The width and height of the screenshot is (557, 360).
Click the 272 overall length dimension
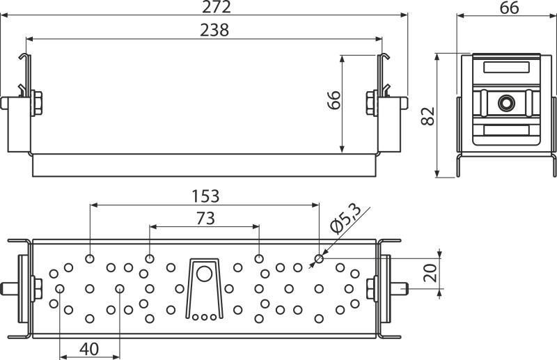coord(216,6)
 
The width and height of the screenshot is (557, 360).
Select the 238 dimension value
coord(214,30)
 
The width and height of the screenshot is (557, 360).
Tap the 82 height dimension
coord(427,116)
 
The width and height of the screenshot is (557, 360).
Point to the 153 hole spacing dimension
coord(205,196)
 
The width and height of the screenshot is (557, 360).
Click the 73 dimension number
coord(205,218)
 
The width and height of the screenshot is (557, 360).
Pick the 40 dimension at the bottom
coord(89,350)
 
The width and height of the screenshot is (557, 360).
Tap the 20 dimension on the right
coord(430,273)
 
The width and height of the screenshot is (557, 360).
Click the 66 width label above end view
coord(510,8)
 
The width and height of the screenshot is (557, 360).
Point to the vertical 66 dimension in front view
coord(334,100)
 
